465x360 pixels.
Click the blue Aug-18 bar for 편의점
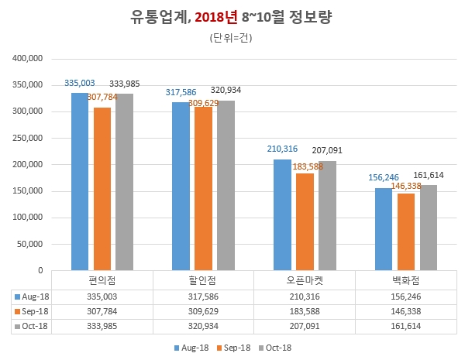pos(80,181)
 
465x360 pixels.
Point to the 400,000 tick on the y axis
pos(27,58)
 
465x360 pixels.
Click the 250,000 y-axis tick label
pos(27,138)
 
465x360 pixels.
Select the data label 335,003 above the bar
pos(80,82)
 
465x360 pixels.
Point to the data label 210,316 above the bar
pos(282,149)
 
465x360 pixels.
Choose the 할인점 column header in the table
pos(203,279)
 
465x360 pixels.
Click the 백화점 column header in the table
pos(405,279)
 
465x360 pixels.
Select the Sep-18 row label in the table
pos(34,310)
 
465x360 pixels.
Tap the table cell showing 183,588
pos(304,310)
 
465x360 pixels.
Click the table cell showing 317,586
pos(203,296)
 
